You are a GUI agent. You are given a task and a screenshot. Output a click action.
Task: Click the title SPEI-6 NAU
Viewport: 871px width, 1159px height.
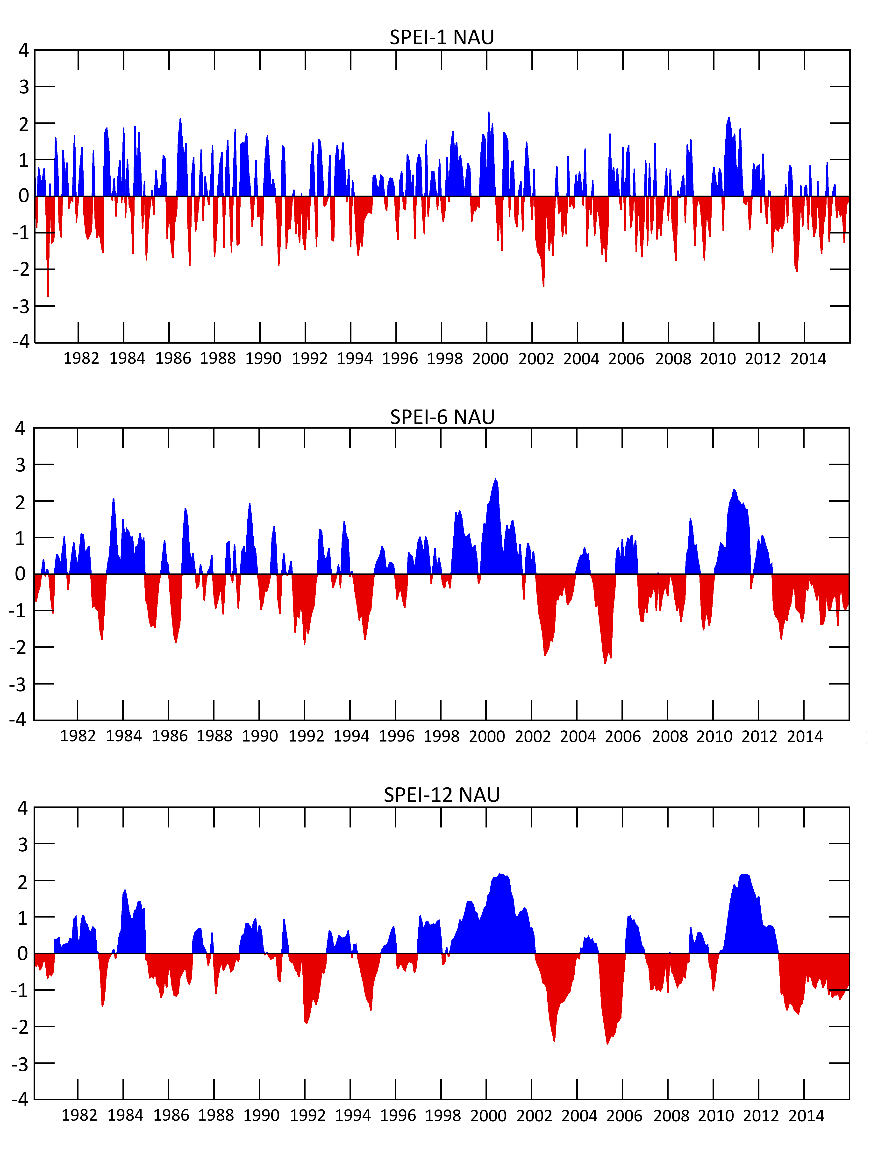[442, 417]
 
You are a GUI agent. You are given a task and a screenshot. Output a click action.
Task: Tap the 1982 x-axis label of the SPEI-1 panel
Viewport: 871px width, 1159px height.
[81, 358]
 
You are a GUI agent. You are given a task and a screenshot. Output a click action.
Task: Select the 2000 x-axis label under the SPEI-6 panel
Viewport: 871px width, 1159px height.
[487, 736]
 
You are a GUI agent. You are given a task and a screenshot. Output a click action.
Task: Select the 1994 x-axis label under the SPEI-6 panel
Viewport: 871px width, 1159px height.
[351, 736]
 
